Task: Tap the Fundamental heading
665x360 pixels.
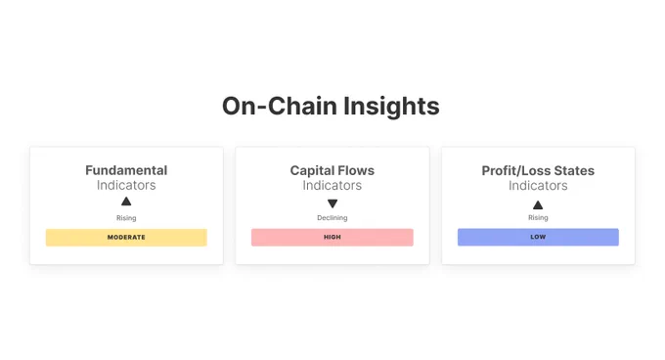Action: [126, 170]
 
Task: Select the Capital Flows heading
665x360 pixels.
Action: [332, 170]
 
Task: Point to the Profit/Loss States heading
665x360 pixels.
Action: [538, 170]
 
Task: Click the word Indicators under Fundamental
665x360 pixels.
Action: [126, 185]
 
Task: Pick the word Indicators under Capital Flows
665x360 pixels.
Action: [332, 185]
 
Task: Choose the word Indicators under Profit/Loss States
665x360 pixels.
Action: [538, 185]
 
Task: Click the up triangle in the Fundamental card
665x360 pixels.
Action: [126, 202]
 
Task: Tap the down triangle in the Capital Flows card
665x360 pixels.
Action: [332, 202]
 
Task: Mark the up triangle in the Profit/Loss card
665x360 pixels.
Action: [538, 204]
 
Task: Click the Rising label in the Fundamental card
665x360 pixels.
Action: [126, 217]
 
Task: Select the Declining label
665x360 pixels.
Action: [332, 217]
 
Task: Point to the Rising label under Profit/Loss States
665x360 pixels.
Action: [538, 217]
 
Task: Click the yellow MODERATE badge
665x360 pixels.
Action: [126, 237]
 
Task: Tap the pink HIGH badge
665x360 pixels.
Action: [332, 237]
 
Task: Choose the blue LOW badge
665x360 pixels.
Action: [538, 237]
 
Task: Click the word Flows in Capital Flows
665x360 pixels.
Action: [356, 170]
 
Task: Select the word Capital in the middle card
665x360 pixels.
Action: [312, 170]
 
